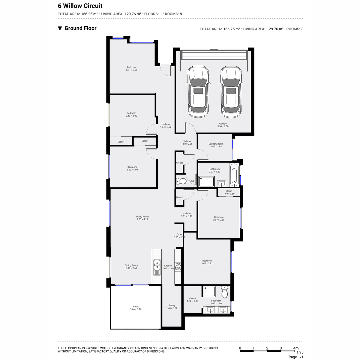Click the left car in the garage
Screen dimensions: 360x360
click(198, 91)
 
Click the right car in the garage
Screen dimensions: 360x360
click(231, 91)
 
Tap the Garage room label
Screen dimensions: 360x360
click(223, 125)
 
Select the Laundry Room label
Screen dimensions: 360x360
click(216, 145)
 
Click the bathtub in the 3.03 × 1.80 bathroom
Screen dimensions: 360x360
click(234, 175)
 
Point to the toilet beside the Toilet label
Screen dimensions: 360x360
click(181, 181)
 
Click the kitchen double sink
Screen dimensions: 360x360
click(157, 268)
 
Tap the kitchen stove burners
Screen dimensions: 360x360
click(178, 267)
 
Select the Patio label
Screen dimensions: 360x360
click(136, 308)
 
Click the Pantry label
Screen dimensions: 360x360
click(172, 307)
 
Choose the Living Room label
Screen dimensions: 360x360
click(142, 218)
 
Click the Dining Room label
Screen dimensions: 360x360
click(131, 267)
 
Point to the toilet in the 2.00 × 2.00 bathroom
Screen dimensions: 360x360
click(225, 292)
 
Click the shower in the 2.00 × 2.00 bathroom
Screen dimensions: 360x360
click(209, 291)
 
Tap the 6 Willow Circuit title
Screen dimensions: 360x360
click(80, 6)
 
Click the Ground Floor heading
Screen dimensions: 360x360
click(77, 28)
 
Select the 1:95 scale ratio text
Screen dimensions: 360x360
click(300, 352)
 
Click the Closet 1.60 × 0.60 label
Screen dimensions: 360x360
click(229, 192)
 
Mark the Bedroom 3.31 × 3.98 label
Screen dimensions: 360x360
click(132, 69)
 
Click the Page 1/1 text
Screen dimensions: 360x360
click(296, 357)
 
